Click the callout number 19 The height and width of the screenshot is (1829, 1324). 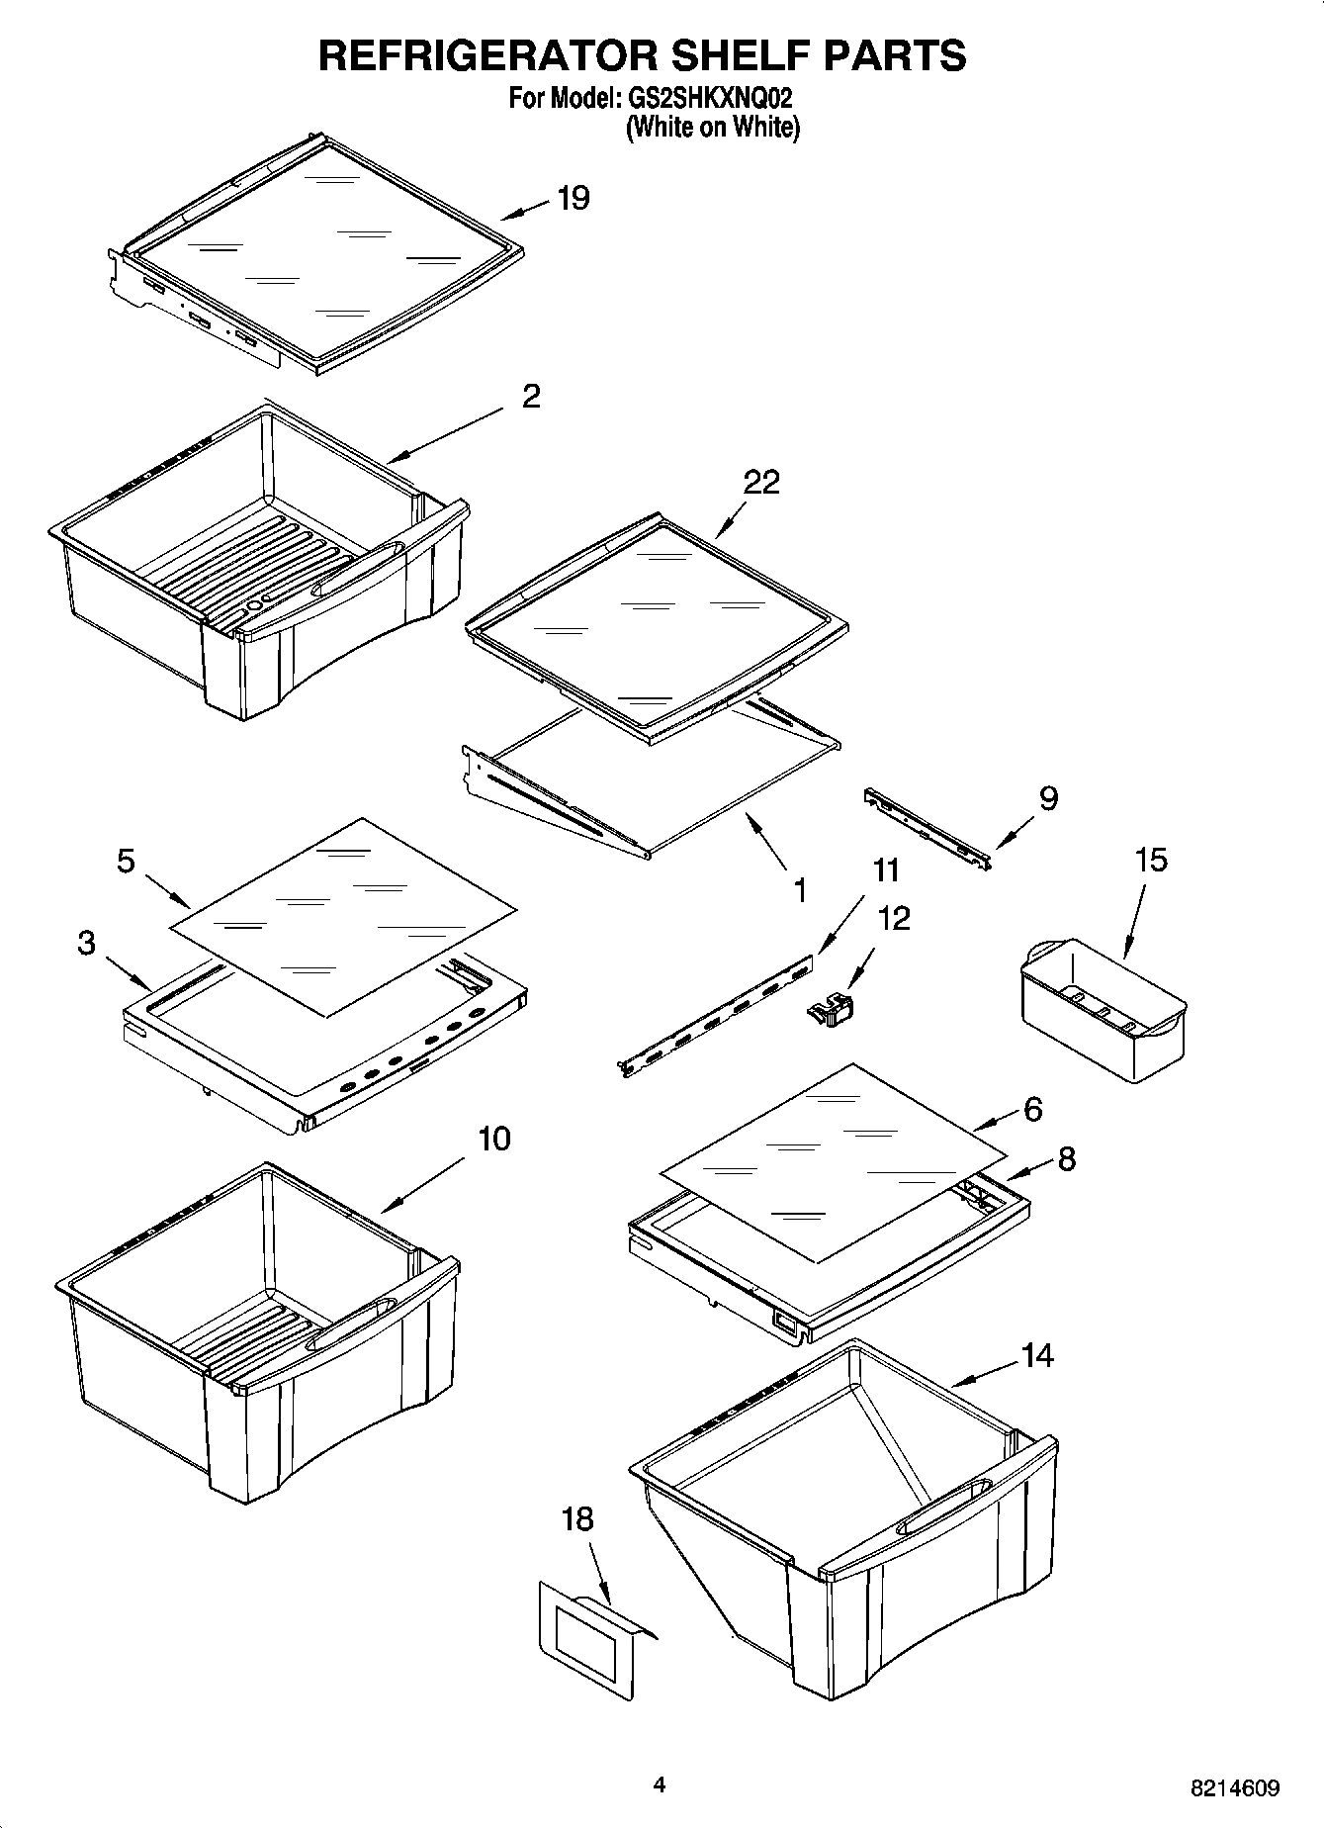[573, 199]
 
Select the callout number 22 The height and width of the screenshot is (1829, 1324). [761, 483]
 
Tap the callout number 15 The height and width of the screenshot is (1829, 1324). [1151, 860]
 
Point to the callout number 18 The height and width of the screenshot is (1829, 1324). [577, 1518]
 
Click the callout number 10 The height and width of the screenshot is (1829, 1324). [494, 1139]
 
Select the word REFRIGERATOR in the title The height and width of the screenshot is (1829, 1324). [486, 55]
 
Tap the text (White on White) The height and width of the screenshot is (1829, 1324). [712, 128]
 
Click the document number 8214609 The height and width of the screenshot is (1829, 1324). [1235, 1787]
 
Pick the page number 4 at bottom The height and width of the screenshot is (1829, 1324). [660, 1784]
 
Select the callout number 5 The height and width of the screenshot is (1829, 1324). [126, 862]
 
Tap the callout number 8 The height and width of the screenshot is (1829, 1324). [1066, 1159]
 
